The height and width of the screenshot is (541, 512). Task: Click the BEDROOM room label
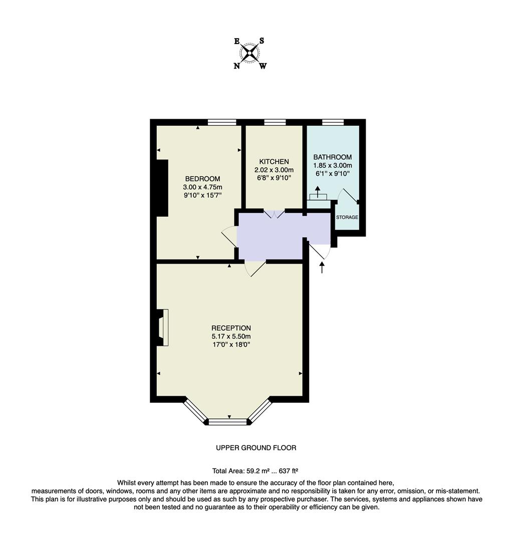[x=202, y=179]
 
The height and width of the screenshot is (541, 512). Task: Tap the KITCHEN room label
[x=274, y=161]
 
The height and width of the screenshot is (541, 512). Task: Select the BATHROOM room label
[x=332, y=157]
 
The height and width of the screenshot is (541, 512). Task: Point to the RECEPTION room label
[x=231, y=328]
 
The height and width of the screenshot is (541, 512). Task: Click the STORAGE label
[x=347, y=217]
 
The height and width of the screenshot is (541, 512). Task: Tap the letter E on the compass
[x=237, y=42]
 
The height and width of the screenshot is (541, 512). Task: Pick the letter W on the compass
[x=263, y=66]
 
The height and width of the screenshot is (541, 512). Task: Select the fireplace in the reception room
[x=162, y=328]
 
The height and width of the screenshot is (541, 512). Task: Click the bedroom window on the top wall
[x=222, y=122]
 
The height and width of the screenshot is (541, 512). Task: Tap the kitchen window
[x=275, y=122]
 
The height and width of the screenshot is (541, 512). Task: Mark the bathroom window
[x=333, y=122]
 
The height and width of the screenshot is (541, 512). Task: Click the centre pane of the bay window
[x=228, y=422]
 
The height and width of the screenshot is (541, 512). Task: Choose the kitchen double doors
[x=274, y=213]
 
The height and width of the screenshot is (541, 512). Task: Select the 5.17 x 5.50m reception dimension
[x=231, y=336]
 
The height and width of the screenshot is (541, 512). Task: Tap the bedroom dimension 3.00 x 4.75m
[x=202, y=187]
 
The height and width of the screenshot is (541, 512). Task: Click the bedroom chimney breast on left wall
[x=162, y=188]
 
